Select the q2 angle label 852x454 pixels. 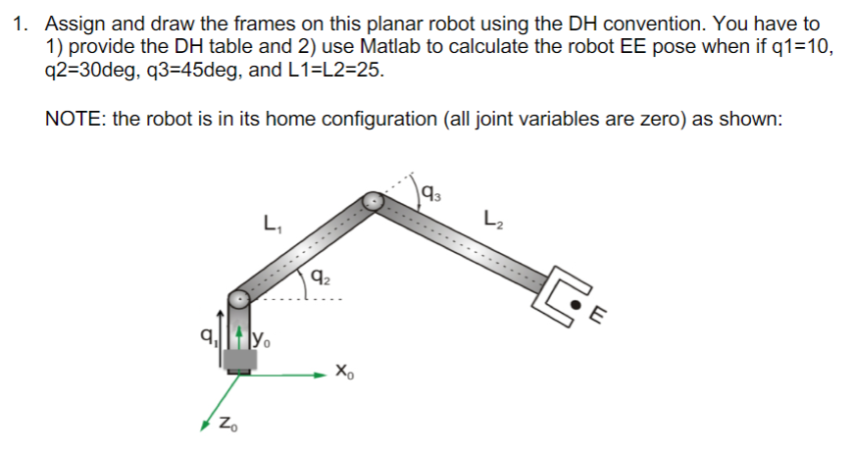pos(317,277)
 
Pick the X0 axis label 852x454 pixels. pos(342,372)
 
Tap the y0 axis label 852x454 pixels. pos(263,341)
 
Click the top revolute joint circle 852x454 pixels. pos(374,201)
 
